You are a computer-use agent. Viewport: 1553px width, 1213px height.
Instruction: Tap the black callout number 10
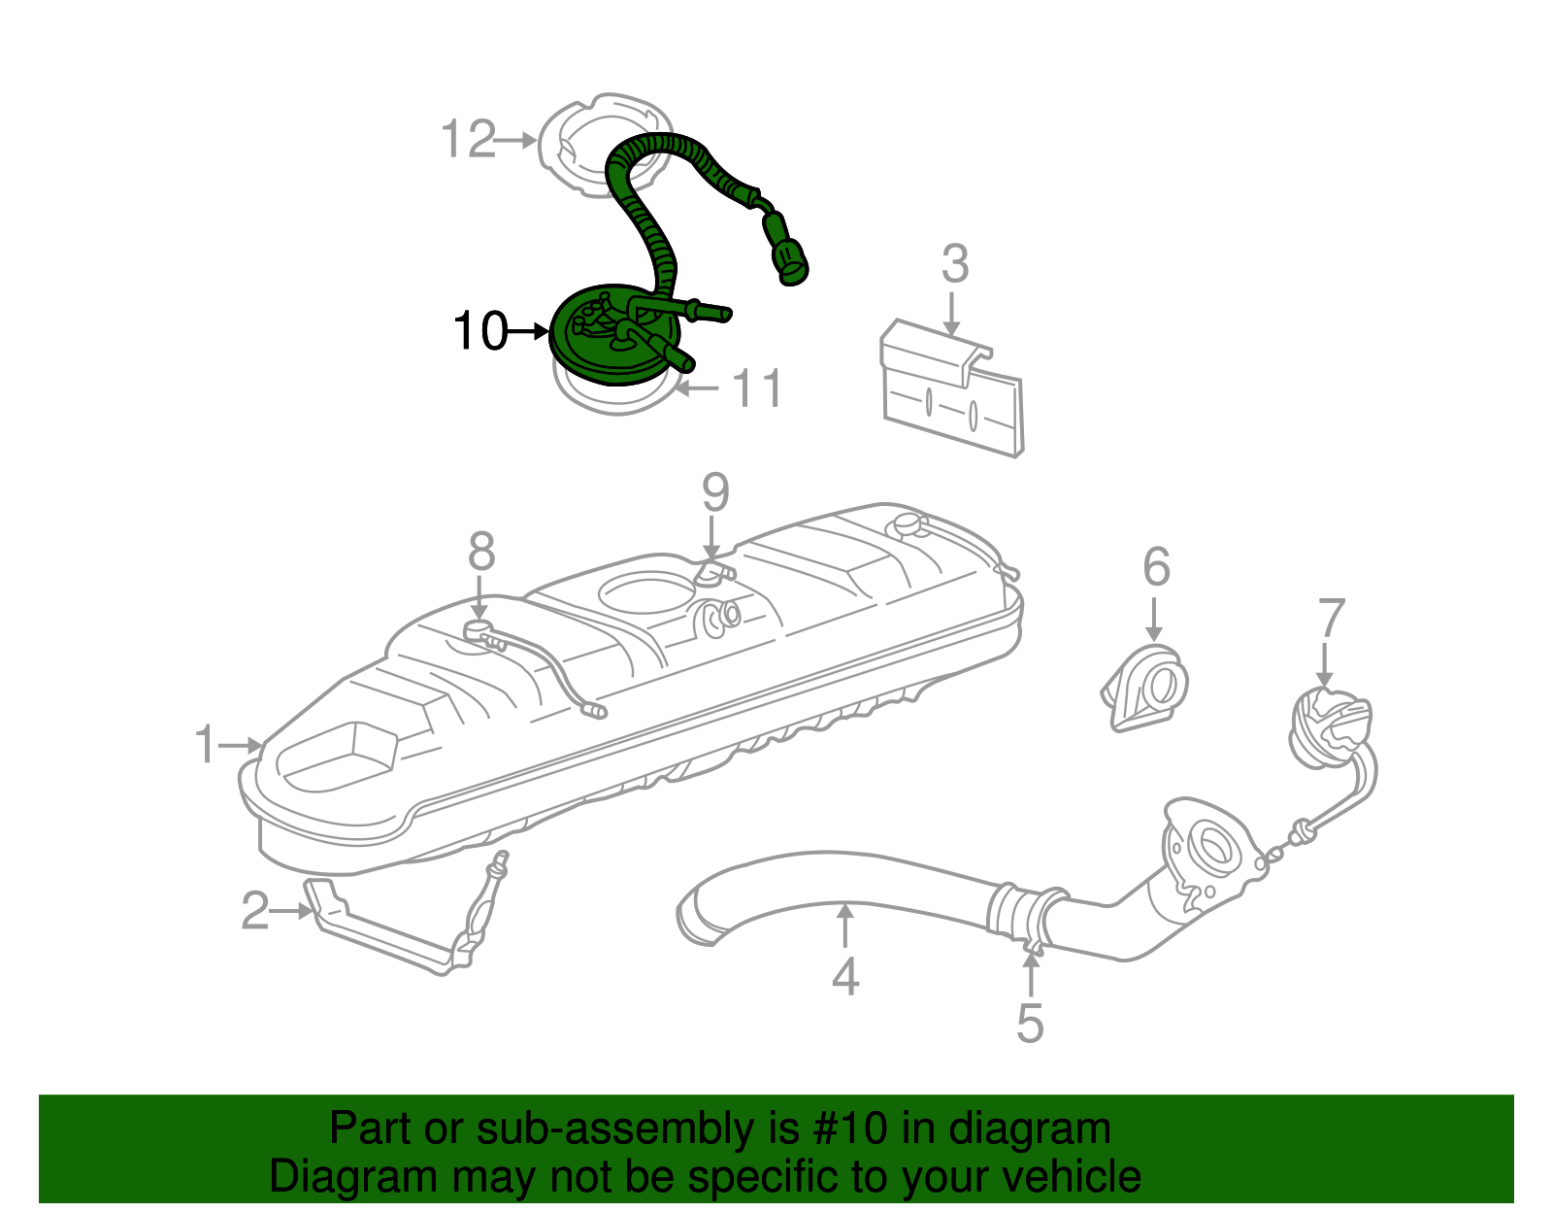pos(479,331)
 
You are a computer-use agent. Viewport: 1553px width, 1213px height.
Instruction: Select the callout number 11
pos(756,389)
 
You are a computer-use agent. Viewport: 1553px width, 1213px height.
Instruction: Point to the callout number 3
pos(955,264)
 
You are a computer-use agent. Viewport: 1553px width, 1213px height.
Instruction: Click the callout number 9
pos(715,493)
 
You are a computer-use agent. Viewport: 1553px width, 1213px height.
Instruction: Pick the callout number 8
pos(481,553)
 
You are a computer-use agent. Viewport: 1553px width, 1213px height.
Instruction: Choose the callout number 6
pos(1156,567)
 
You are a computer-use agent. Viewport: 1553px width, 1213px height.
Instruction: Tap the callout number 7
pos(1332,619)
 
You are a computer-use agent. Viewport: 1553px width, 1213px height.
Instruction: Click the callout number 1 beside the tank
pos(205,745)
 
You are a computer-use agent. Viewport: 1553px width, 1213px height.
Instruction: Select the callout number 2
pos(254,911)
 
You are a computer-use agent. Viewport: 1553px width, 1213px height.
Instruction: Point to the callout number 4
pos(845,976)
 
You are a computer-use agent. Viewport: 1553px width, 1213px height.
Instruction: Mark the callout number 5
pos(1030,1024)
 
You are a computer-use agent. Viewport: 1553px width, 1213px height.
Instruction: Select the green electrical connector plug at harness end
pos(791,260)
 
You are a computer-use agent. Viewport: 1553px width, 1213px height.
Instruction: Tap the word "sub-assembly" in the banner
pos(616,1129)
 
